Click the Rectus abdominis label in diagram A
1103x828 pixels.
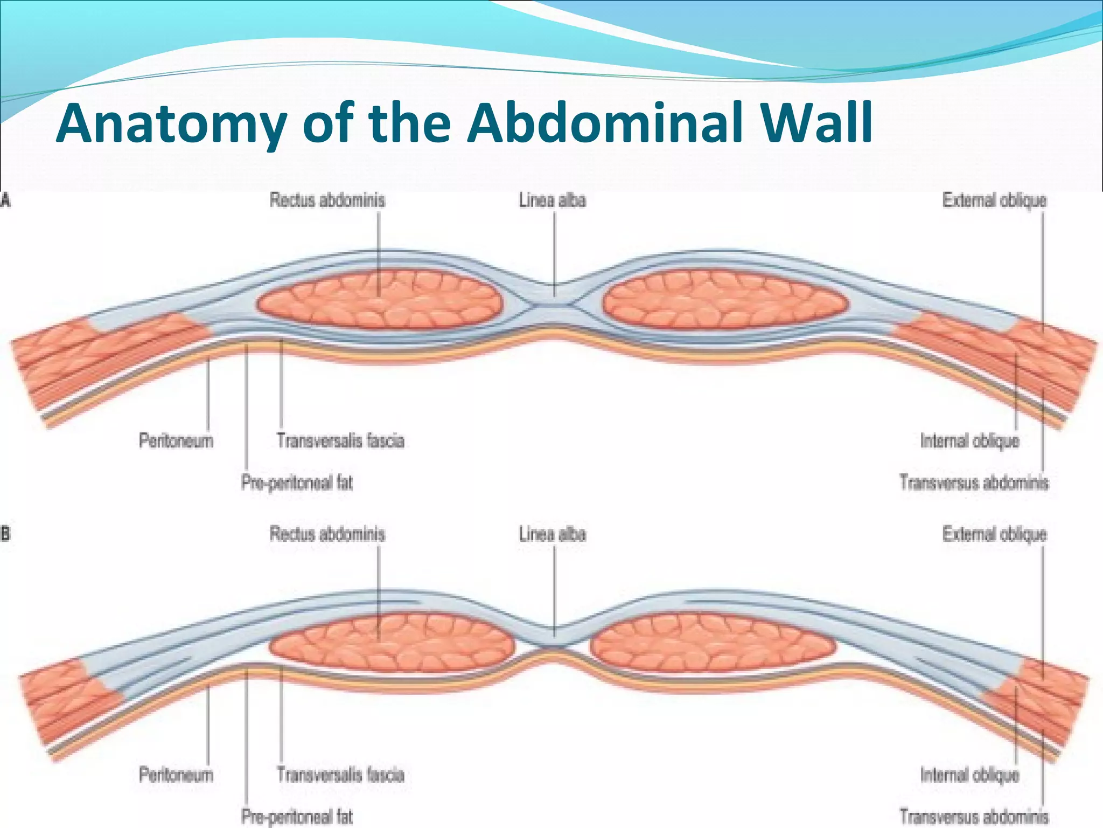coord(327,201)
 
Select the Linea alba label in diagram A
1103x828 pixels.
coord(553,201)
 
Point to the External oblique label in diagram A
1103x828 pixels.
coord(994,201)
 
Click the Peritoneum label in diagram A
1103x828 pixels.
coord(176,441)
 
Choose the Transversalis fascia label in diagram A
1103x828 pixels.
coord(340,441)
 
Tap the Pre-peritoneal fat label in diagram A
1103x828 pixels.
coord(297,482)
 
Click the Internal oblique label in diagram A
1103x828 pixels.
coord(969,441)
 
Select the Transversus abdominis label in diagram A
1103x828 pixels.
coord(974,482)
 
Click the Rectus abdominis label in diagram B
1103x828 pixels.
coord(327,535)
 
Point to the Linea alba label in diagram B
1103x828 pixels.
coord(553,535)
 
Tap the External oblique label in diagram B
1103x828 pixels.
coord(994,535)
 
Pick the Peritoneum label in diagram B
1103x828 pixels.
coord(176,775)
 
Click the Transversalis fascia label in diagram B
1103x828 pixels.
coord(340,775)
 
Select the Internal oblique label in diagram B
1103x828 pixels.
coord(969,775)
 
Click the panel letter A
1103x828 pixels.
coord(5,201)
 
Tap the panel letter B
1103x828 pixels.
coord(5,535)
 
